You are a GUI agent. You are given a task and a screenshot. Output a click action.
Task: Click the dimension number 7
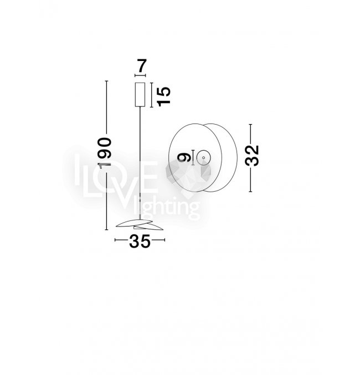click(x=142, y=66)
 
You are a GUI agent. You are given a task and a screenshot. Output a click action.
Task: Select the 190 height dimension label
click(x=105, y=153)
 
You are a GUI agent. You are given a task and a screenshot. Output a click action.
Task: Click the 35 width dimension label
click(x=140, y=241)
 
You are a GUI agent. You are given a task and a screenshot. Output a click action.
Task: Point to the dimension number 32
click(x=252, y=156)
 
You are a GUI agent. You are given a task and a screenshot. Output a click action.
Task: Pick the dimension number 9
click(x=184, y=157)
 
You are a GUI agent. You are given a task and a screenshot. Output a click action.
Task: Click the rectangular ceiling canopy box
click(x=140, y=95)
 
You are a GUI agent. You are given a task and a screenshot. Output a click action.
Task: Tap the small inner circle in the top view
click(x=204, y=158)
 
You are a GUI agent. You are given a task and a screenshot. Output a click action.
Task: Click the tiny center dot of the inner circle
click(x=204, y=158)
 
